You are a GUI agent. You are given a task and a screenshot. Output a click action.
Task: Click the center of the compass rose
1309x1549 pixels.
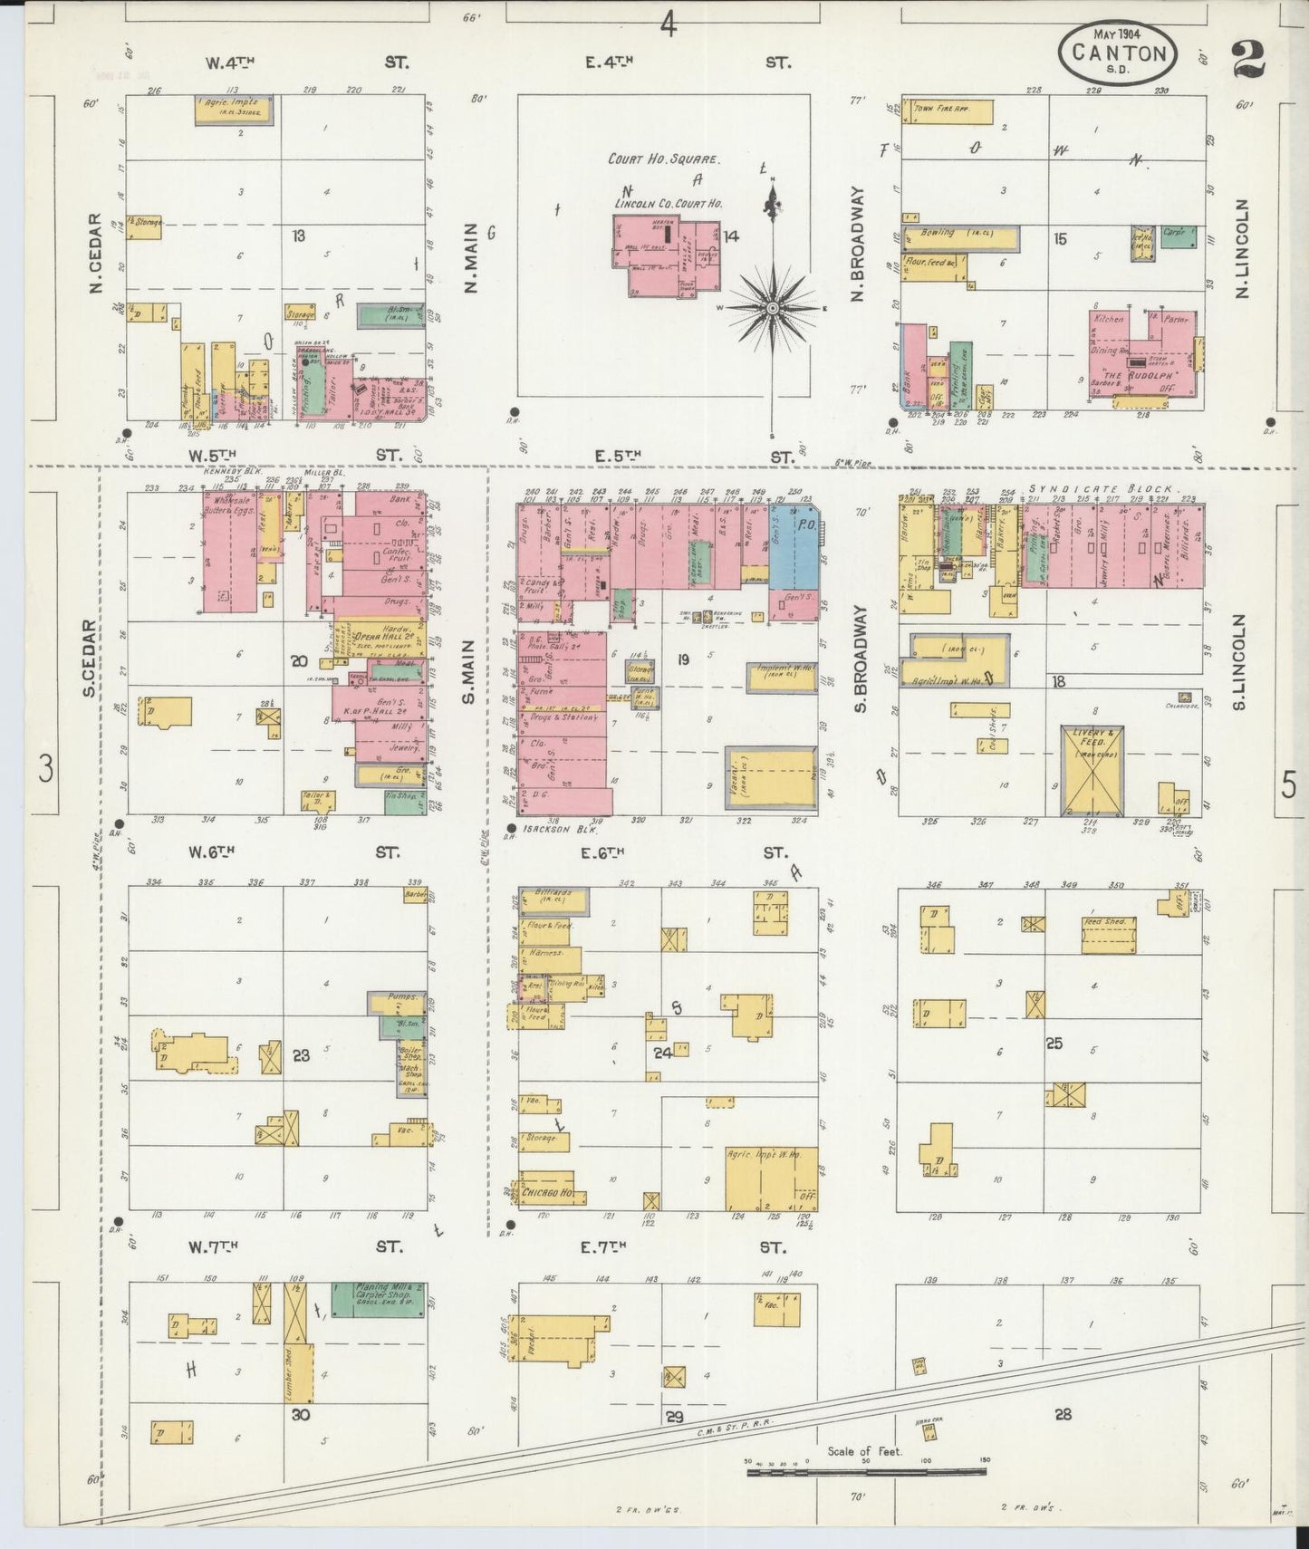773,309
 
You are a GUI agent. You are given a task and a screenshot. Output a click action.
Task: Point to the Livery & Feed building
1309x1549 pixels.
1092,770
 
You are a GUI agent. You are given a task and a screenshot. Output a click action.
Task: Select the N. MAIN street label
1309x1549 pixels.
471,260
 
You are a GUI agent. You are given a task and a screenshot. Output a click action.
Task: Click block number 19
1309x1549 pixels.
682,659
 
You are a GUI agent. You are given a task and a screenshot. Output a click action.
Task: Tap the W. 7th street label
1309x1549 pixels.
212,1247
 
